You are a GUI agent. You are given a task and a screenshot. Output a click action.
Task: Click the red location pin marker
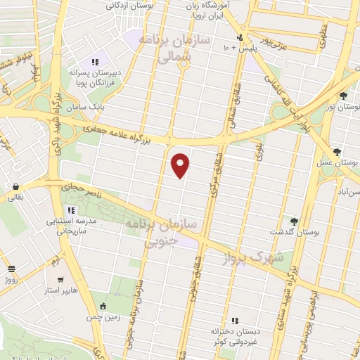coord(181,165)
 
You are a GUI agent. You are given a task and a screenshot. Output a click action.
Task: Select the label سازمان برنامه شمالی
coord(165,49)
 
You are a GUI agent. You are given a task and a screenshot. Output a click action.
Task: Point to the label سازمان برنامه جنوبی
coord(161,232)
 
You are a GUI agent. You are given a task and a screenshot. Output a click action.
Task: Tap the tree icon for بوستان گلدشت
coord(294,221)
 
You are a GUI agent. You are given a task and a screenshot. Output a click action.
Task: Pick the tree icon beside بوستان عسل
coord(337,152)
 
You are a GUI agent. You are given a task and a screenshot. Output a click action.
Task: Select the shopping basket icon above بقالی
coord(15,187)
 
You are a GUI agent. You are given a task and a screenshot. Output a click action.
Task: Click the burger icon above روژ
coord(11,269)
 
